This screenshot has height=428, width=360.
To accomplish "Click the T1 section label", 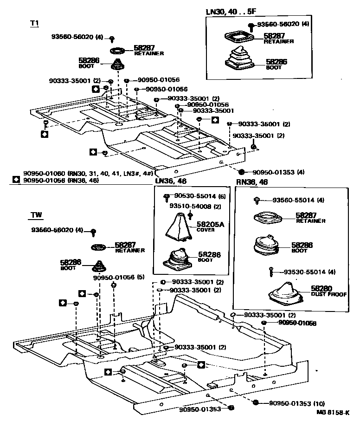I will (x=35, y=23).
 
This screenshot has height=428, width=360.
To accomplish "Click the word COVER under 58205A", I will (x=206, y=230).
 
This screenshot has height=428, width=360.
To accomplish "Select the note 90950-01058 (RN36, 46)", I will (x=61, y=180).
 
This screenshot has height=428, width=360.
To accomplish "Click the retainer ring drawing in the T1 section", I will (x=118, y=50).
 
